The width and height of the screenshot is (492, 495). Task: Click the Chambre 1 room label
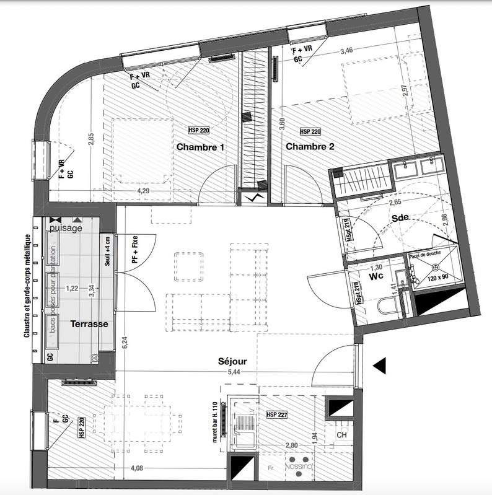(x=200, y=147)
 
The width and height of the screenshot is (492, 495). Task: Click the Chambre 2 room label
(x=310, y=147)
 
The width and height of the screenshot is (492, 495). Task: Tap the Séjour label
(x=232, y=361)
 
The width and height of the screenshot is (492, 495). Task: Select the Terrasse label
(x=89, y=324)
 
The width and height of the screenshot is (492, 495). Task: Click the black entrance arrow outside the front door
(x=379, y=366)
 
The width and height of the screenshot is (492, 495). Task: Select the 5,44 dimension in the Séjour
(x=234, y=373)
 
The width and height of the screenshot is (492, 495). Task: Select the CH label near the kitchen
(x=341, y=435)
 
